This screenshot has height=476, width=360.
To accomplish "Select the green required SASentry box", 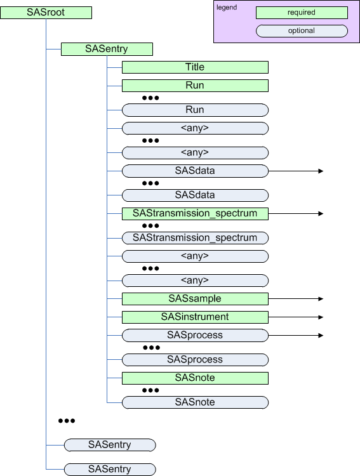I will click(107, 49).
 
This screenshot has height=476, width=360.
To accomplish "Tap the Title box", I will click(195, 67).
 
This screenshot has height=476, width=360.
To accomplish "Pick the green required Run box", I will click(195, 86).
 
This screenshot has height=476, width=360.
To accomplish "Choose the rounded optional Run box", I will click(195, 110).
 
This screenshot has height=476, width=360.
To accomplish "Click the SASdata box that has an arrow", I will click(195, 171).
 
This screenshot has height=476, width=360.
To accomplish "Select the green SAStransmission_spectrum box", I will click(195, 214).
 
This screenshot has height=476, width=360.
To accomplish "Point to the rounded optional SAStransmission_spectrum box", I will click(195, 238).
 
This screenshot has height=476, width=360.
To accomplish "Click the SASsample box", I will click(195, 298).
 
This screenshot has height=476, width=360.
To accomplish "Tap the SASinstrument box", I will click(195, 317).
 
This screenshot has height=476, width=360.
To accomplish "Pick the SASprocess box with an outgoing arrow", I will click(195, 335).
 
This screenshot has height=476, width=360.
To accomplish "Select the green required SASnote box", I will click(195, 378).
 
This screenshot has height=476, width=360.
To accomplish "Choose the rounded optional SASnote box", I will click(195, 402).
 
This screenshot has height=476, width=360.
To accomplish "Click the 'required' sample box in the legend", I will click(302, 12).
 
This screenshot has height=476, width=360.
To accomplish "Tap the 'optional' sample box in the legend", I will click(302, 30).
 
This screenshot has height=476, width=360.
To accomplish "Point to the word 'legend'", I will click(226, 8).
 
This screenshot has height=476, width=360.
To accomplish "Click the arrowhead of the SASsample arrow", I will click(321, 298).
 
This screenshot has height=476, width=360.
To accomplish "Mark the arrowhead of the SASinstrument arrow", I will click(321, 317).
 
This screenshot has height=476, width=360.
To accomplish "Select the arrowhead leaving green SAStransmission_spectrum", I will click(321, 214).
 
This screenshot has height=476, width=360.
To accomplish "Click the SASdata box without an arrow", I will click(195, 195).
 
